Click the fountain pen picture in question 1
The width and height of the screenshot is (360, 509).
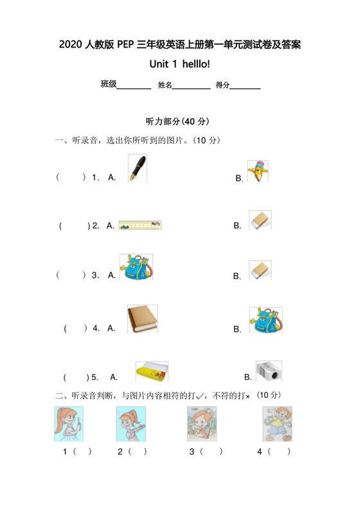pyautogui.click(x=136, y=168)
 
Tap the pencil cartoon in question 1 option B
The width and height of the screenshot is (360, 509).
pyautogui.click(x=258, y=171)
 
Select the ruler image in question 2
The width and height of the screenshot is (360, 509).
pyautogui.click(x=140, y=225)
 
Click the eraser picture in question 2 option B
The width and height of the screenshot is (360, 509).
pyautogui.click(x=260, y=220)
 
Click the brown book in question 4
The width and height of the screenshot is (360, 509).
pyautogui.click(x=141, y=319)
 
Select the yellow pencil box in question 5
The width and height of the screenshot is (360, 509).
pyautogui.click(x=152, y=372)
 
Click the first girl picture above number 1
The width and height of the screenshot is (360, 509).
pyautogui.click(x=68, y=424)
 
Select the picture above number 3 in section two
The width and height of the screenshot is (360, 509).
pyautogui.click(x=203, y=424)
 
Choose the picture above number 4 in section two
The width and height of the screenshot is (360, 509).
pyautogui.click(x=276, y=424)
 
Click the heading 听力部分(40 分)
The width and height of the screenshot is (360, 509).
pyautogui.click(x=178, y=121)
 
